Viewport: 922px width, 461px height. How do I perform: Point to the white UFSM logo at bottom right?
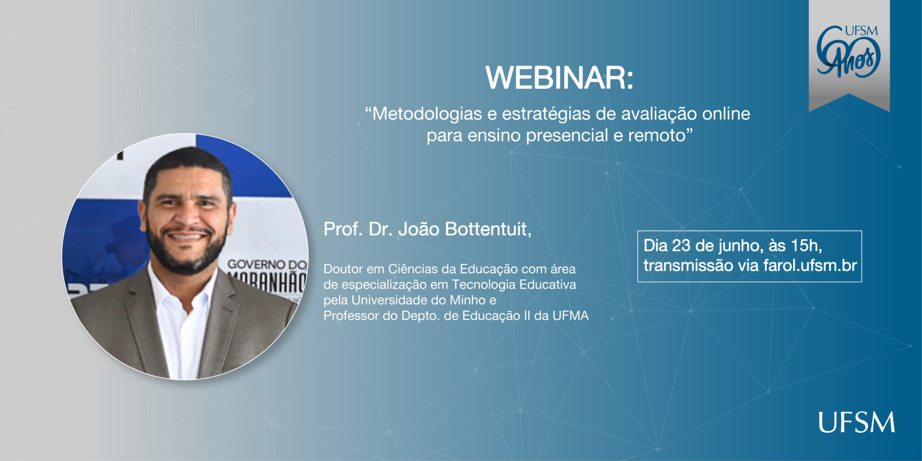point(857,422)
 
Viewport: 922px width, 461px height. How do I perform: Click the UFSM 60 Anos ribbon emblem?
point(849,53)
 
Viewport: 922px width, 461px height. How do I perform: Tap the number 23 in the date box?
point(681,246)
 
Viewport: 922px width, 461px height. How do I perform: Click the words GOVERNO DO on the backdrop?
point(267,264)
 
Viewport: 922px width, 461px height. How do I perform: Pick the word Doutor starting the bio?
point(343,269)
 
